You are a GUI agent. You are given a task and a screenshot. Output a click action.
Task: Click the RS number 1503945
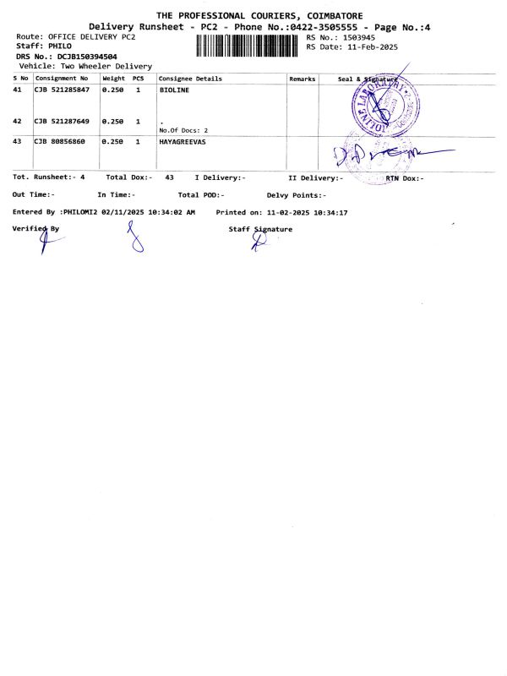point(358,38)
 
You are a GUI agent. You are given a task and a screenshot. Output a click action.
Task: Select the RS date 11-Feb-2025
point(373,47)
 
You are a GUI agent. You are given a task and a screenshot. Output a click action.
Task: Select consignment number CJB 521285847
point(62,89)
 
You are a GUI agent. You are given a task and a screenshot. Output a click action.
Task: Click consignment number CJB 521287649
point(62,122)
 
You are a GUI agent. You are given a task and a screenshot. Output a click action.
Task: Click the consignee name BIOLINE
point(175,89)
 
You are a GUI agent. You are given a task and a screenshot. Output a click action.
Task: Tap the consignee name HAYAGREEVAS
point(182,142)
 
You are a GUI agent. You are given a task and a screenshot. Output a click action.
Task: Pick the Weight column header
point(113,79)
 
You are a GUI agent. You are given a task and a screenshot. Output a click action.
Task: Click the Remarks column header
point(302,79)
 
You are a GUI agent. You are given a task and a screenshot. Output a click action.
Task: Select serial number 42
point(18,122)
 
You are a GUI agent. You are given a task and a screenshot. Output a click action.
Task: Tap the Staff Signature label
point(260,229)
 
